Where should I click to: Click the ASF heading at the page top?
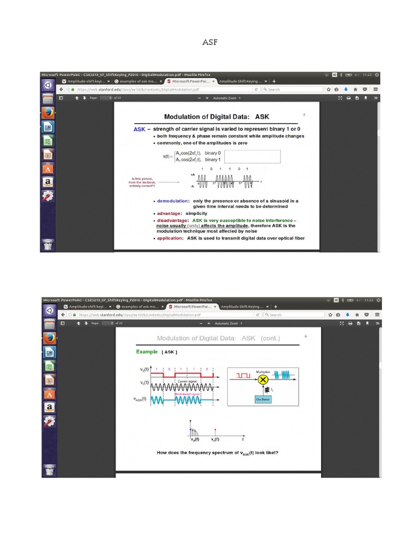[x=210, y=42]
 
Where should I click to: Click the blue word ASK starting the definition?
[x=139, y=130]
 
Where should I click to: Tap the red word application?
[x=170, y=238]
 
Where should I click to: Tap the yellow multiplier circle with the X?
[x=263, y=379]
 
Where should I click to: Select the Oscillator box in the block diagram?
[x=263, y=399]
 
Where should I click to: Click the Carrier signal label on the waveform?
[x=188, y=381]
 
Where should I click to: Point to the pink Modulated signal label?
[x=188, y=394]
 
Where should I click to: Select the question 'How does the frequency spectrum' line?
[x=218, y=453]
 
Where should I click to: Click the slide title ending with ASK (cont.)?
[x=218, y=338]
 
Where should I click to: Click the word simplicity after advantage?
[x=200, y=213]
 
